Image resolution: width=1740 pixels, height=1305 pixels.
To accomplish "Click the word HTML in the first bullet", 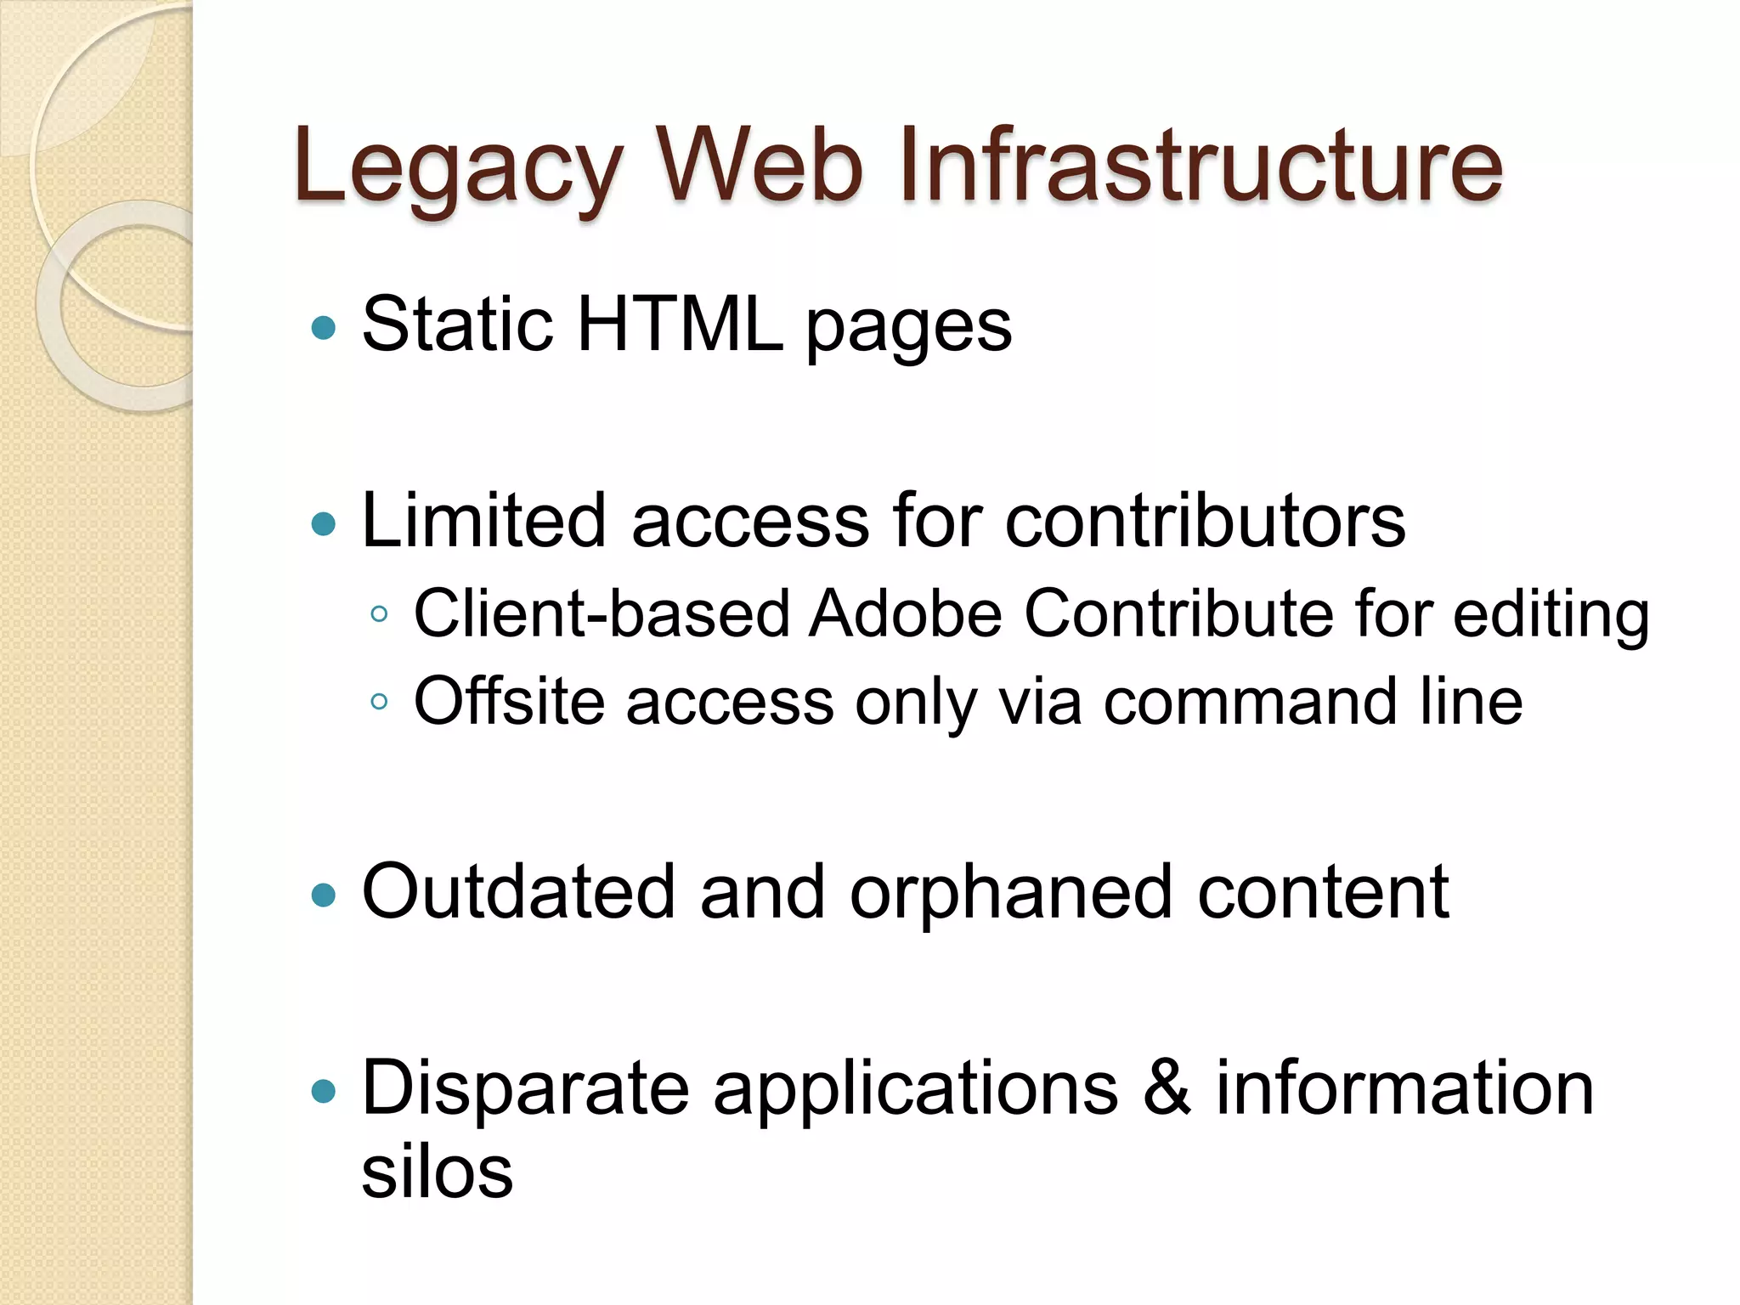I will coord(680,325).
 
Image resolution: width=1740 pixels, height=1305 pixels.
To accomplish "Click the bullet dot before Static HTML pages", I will coord(324,327).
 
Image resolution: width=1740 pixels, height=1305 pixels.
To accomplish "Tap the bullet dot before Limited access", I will coord(324,523).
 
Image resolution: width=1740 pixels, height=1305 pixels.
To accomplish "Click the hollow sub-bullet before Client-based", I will coord(379,614).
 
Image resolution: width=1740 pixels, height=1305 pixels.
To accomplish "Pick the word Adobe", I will coord(906,613).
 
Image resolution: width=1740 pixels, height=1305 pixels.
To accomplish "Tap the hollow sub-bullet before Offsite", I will coord(379,702).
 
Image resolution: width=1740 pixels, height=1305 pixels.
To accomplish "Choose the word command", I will coord(1250,702).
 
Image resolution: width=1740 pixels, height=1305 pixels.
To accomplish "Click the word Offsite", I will coord(509,702).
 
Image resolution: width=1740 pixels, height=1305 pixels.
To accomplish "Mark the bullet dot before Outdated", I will coord(324,895).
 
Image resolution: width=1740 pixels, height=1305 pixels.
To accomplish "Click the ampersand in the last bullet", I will coord(1167,1089).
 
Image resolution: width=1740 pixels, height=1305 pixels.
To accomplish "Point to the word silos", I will coord(437,1172).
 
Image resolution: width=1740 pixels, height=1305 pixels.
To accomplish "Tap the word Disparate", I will coord(525,1090).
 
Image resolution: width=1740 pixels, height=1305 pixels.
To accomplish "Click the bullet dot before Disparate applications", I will coord(324,1091).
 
